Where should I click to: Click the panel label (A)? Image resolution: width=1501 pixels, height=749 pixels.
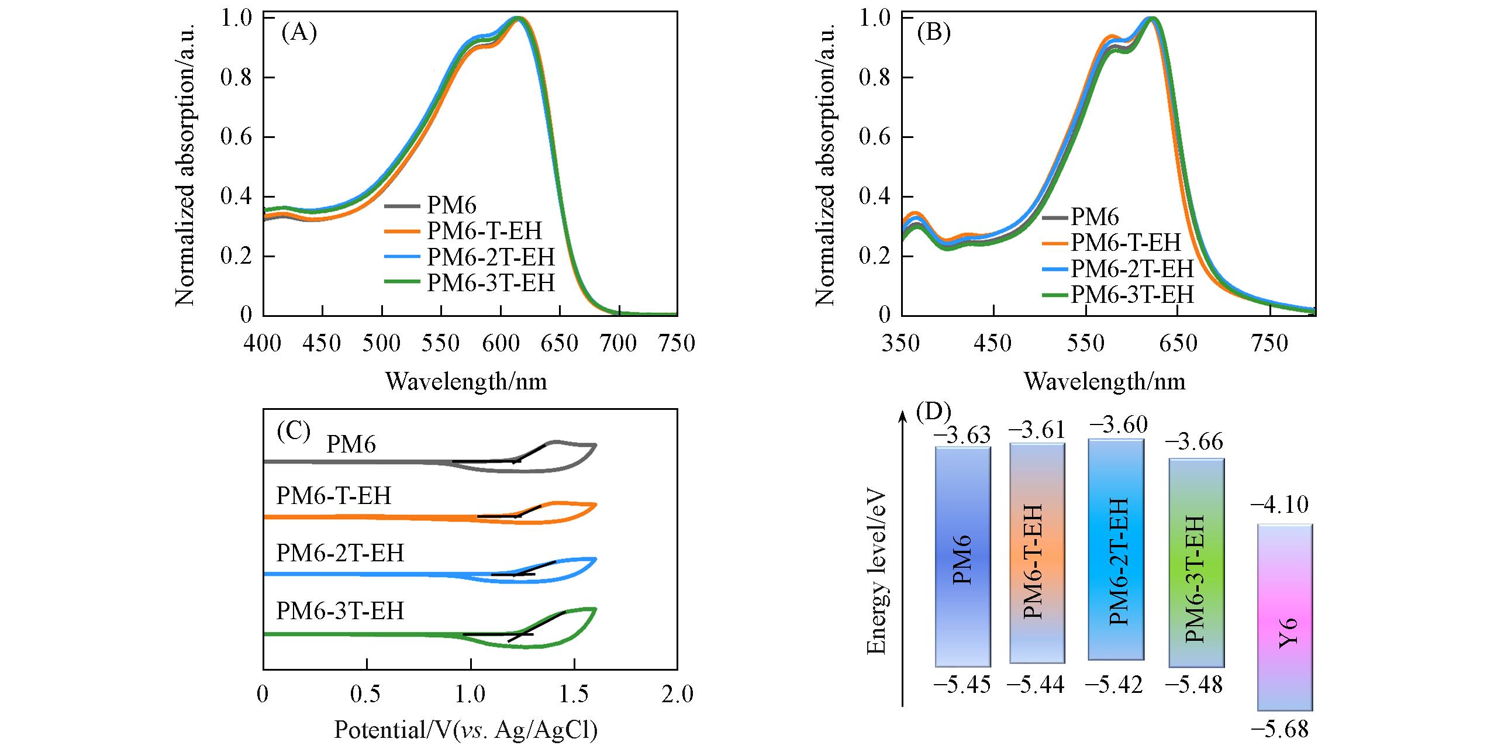(299, 33)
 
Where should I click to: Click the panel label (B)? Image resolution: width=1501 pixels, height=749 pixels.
(933, 33)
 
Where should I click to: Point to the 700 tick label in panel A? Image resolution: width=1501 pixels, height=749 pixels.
(619, 343)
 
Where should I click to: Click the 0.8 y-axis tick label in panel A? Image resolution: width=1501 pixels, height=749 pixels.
(236, 78)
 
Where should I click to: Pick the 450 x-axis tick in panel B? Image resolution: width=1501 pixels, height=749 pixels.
(993, 343)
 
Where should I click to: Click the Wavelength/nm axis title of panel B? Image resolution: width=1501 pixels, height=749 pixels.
(1105, 382)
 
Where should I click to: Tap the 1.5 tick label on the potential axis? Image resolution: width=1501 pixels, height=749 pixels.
(574, 694)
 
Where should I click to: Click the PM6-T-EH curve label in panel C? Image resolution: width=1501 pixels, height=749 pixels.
(333, 496)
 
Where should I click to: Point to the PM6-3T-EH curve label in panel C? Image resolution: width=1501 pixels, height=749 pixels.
(340, 611)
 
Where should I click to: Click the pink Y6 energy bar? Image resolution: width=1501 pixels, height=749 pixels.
(1285, 617)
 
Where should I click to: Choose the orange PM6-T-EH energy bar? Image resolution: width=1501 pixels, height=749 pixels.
(1037, 553)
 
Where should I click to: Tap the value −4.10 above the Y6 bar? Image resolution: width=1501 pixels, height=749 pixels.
(1279, 505)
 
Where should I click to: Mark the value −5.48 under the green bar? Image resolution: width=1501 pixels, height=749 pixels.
(1193, 685)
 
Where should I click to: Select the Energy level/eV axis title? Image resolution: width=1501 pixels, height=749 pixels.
(877, 572)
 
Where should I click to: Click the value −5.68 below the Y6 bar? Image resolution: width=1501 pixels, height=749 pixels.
(1279, 729)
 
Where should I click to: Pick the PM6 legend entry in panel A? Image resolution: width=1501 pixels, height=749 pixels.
(451, 205)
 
